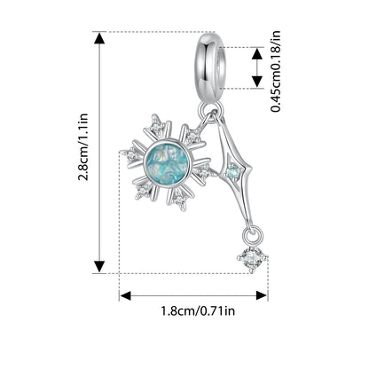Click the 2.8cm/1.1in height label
coord(83,147)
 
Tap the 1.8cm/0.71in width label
coord(198,310)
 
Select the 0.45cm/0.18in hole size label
coord(276,71)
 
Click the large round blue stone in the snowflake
coord(166,163)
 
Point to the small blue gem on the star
coord(232,170)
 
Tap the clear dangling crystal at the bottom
coord(253,257)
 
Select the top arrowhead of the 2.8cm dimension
coord(99,38)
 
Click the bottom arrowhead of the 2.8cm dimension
coord(99,267)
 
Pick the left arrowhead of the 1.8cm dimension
coord(125,295)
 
